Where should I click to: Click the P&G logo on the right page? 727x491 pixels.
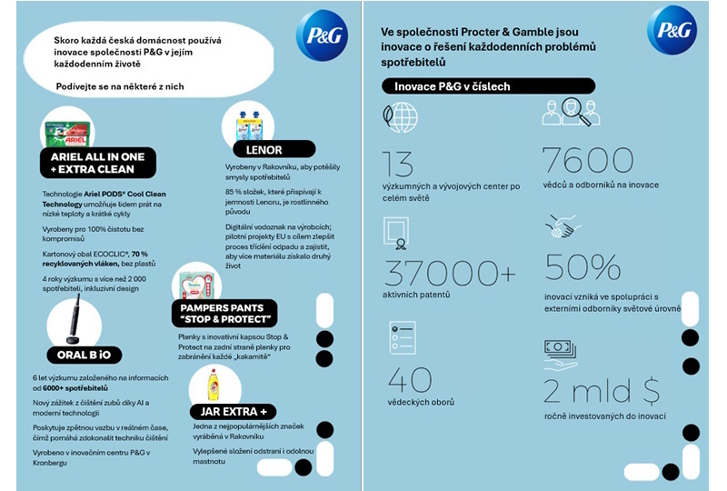click(672, 31)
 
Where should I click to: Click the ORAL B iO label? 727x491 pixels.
click(84, 355)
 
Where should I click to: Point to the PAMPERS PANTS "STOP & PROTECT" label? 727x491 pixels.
click(224, 314)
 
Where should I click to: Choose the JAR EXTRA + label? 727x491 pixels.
click(233, 412)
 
